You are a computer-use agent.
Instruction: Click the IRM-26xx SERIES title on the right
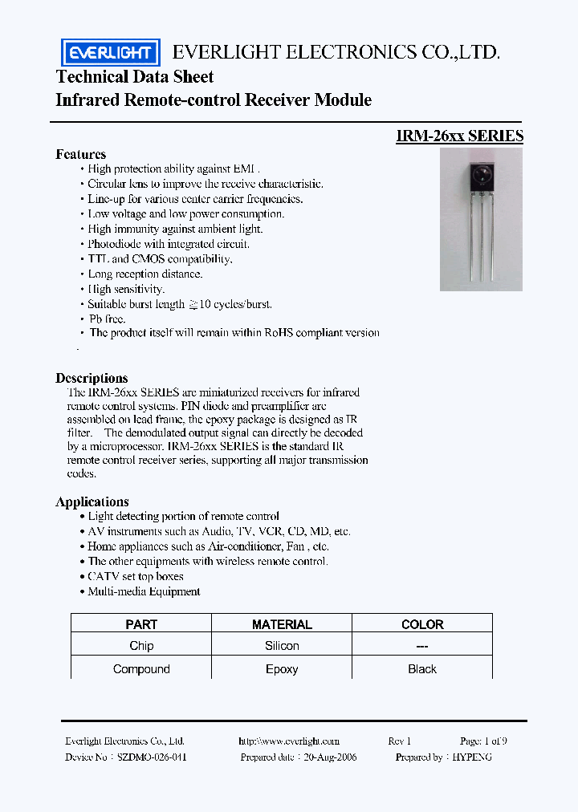pos(459,136)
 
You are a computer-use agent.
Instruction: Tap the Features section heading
pos(80,154)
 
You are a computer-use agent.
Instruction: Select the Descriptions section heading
pos(92,378)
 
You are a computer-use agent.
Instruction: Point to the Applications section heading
pos(92,501)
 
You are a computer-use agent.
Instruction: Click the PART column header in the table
pos(141,624)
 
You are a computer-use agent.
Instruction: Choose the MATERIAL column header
pos(282,624)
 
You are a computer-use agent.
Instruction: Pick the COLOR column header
pos(422,624)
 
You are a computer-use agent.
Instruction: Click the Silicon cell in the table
pos(282,646)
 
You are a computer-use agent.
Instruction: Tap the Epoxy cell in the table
pos(282,669)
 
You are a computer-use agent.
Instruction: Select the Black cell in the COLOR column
pos(422,669)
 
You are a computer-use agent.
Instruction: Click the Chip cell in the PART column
pos(141,646)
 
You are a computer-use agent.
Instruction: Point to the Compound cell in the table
pos(141,669)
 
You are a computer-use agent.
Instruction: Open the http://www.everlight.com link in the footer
pos(289,741)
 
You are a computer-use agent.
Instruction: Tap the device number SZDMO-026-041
pos(153,757)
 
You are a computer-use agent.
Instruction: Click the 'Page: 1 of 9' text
pos(483,741)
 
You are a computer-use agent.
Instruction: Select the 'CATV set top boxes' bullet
pos(136,576)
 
